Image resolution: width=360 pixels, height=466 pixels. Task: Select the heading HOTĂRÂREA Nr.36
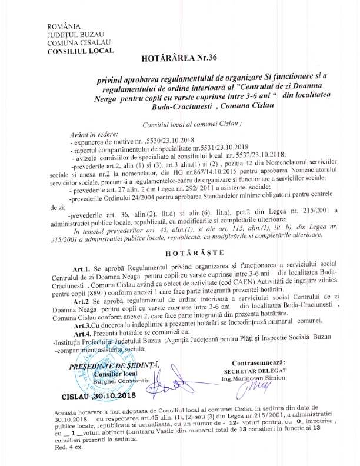tap(176, 60)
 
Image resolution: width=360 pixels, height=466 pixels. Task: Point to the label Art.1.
tap(81, 267)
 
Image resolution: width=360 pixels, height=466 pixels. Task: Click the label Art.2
tap(81, 300)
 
